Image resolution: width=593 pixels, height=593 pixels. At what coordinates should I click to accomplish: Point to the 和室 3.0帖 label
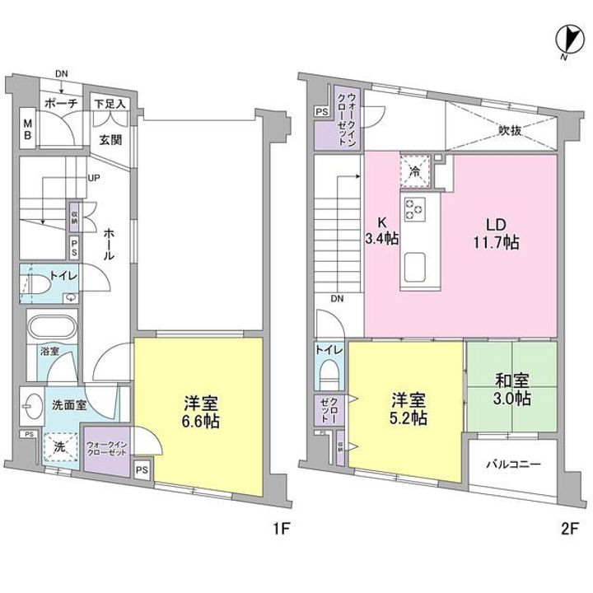(513, 390)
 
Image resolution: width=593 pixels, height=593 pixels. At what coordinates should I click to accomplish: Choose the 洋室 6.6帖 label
(200, 410)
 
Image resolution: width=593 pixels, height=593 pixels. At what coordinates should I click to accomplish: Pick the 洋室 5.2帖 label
(408, 409)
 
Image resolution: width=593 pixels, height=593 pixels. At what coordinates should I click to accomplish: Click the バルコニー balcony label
(512, 465)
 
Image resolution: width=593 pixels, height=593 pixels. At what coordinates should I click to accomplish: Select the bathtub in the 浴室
(51, 328)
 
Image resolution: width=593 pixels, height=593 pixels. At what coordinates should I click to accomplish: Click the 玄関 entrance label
(111, 140)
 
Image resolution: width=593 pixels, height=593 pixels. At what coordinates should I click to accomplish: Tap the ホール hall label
(109, 245)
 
